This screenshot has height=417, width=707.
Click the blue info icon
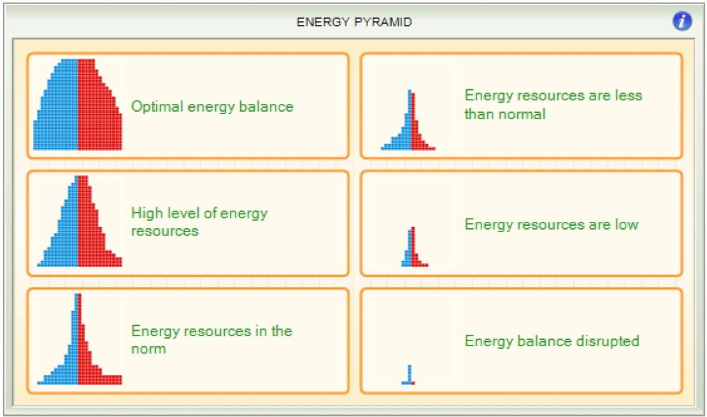pyautogui.click(x=682, y=21)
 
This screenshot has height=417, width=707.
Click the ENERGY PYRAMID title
pyautogui.click(x=354, y=22)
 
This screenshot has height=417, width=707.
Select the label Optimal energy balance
pyautogui.click(x=212, y=106)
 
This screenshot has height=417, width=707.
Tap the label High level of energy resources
pyautogui.click(x=199, y=222)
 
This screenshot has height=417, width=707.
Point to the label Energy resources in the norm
pyautogui.click(x=211, y=339)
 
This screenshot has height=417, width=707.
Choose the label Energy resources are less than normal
pyautogui.click(x=553, y=105)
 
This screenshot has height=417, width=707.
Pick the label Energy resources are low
pyautogui.click(x=552, y=224)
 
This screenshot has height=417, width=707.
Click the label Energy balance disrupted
pyautogui.click(x=552, y=340)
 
